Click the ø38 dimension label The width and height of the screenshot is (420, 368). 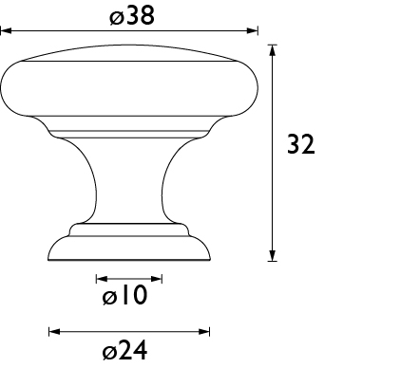(132, 16)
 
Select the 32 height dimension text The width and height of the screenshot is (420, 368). (301, 144)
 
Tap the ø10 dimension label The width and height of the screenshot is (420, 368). (125, 295)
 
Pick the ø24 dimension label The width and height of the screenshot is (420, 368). (125, 350)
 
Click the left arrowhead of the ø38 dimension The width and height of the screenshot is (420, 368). (6, 31)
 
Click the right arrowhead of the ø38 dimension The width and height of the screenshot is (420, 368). (253, 31)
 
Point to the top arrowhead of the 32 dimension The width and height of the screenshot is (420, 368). (273, 50)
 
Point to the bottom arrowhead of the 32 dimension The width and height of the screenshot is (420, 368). (273, 255)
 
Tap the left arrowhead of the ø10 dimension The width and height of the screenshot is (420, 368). (102, 279)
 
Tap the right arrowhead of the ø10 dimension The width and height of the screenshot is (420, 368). (157, 279)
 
